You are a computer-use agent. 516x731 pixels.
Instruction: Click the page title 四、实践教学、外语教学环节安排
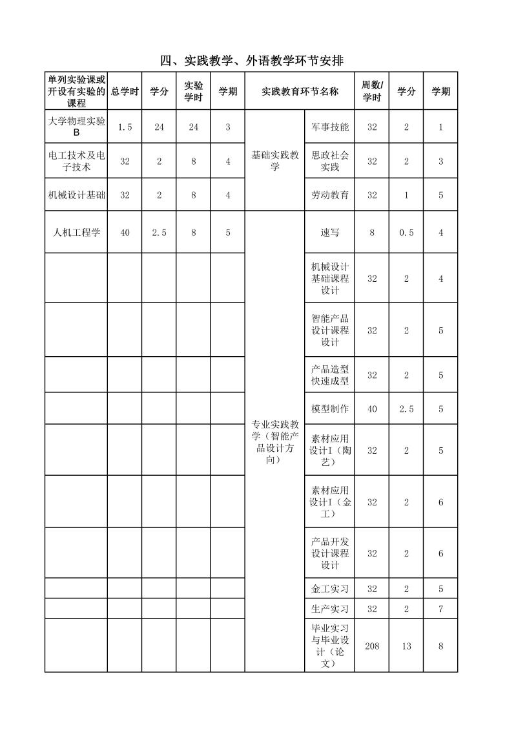[x=251, y=61]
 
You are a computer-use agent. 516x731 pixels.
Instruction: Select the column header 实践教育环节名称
[x=300, y=92]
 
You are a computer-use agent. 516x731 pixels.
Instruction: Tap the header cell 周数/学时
[x=371, y=92]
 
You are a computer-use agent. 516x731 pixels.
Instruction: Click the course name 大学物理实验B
[x=76, y=127]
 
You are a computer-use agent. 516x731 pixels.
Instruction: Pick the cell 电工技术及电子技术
[x=76, y=162]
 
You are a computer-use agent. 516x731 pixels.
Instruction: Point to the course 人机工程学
[x=76, y=232]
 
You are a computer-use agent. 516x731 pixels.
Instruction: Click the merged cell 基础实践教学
[x=274, y=161]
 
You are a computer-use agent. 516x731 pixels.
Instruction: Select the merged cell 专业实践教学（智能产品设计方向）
[x=274, y=442]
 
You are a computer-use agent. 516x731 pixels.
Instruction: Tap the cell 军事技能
[x=329, y=127]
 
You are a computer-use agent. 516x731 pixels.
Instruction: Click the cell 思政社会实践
[x=329, y=162]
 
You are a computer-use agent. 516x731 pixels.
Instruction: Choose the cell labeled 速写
[x=329, y=232]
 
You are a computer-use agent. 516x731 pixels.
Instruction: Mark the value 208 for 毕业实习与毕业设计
[x=371, y=646]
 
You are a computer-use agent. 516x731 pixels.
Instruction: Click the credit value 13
[x=406, y=646]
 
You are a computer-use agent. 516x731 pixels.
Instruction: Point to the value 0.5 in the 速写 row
[x=406, y=232]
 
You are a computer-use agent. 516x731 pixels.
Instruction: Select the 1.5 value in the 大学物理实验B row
[x=125, y=127]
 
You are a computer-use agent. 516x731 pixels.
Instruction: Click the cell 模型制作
[x=329, y=408]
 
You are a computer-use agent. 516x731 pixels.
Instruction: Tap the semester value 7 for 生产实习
[x=441, y=609]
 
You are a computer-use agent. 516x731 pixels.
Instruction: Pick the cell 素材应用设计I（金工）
[x=329, y=502]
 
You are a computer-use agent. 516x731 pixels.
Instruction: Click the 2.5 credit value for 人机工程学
[x=159, y=232]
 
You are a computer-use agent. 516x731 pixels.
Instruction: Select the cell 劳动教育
[x=329, y=195]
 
